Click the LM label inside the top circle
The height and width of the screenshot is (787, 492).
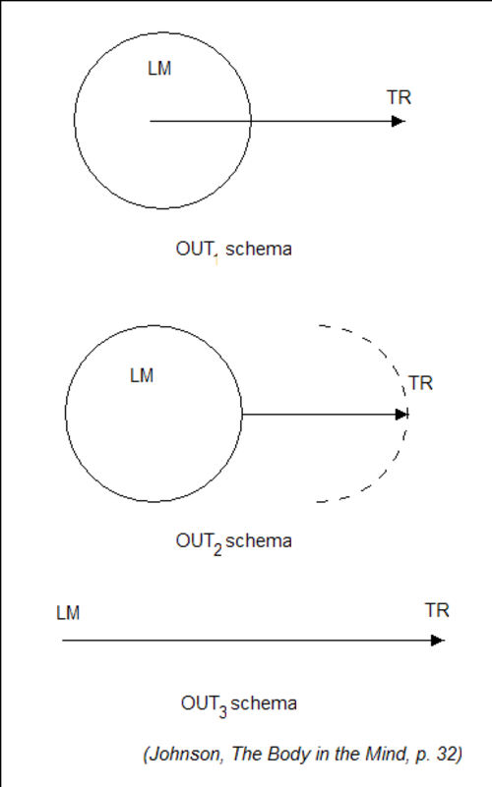point(159,68)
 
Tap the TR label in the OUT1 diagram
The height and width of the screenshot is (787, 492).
point(400,97)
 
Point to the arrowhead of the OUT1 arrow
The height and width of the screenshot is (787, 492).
point(398,121)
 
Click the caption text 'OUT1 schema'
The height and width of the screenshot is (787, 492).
point(233,250)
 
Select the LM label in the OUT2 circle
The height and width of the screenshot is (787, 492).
point(142,375)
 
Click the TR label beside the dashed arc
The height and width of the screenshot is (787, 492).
point(420,383)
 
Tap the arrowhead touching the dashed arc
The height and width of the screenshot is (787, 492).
point(401,415)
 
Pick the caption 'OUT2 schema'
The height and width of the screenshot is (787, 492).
point(233,543)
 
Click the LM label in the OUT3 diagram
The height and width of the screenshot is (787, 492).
point(68,613)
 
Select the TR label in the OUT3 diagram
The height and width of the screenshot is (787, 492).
point(437,610)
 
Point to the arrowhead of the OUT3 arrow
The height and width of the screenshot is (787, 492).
point(438,641)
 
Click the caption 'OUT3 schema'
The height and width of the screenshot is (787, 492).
point(239,705)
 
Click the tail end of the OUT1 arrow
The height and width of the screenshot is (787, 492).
point(151,121)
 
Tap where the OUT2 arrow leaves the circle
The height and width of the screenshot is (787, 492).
point(242,415)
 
